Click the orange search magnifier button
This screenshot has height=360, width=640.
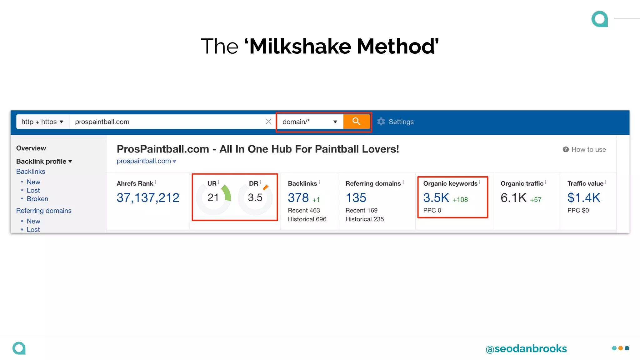[x=356, y=122]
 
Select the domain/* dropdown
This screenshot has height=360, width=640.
[x=309, y=122]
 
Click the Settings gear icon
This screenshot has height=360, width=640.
[x=381, y=122]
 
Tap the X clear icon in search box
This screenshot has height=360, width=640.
[x=268, y=122]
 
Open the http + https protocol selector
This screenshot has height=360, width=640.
[x=42, y=122]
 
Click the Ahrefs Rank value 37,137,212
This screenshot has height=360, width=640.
[x=148, y=198]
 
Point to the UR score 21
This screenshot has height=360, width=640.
[x=213, y=197]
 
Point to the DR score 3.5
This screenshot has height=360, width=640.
[x=255, y=197]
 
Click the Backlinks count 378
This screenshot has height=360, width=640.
[x=298, y=198]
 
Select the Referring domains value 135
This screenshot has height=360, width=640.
[x=356, y=198]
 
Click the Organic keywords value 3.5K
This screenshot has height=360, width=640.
[x=436, y=198]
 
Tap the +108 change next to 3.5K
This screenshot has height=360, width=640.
[x=460, y=200]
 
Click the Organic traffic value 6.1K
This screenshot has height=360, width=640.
[x=513, y=198]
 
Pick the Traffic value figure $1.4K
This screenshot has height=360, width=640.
[x=584, y=198]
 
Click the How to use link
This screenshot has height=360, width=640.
[x=588, y=150]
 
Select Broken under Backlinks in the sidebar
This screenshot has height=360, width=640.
[x=37, y=199]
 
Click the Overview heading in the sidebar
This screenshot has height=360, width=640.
[x=31, y=148]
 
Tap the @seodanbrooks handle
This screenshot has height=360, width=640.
[x=526, y=348]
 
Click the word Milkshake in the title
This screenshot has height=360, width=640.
[x=300, y=46]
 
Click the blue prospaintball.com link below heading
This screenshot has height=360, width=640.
[x=144, y=161]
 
